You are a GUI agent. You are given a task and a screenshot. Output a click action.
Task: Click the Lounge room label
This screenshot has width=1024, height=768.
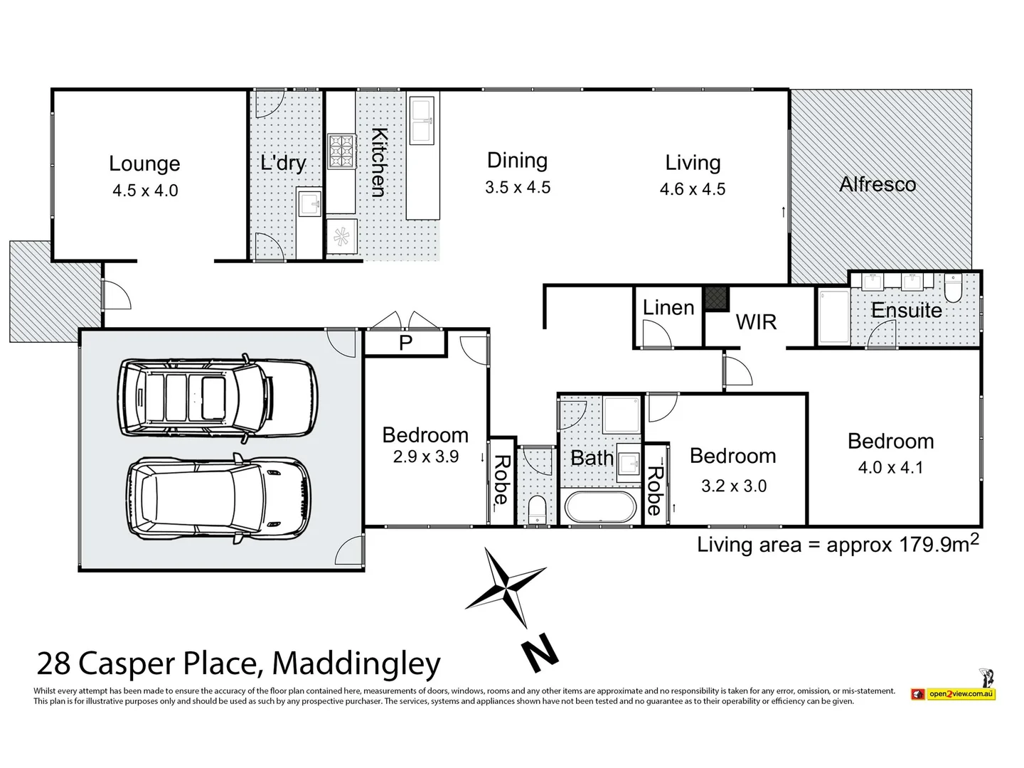(144, 164)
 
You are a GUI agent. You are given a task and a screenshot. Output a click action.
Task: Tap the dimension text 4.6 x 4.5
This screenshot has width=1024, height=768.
(693, 189)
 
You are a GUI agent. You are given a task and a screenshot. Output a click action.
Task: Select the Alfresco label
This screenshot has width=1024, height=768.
(878, 184)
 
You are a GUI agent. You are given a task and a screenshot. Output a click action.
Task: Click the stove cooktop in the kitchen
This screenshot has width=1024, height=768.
(341, 151)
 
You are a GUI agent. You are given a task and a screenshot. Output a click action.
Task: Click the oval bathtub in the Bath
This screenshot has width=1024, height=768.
(602, 508)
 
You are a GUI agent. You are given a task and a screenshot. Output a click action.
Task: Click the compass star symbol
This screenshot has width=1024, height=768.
(506, 587)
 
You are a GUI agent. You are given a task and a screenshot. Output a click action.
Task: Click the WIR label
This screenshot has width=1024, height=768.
(756, 322)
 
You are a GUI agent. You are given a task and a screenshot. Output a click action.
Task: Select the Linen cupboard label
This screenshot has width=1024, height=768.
(668, 308)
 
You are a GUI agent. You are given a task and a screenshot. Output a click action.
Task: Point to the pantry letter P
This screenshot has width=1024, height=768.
(405, 343)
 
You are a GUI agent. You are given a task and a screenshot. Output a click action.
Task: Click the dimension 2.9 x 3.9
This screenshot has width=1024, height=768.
(425, 457)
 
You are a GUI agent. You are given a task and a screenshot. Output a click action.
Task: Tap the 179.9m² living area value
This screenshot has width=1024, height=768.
(939, 544)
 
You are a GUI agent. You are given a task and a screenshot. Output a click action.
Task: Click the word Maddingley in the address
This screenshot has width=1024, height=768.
(356, 663)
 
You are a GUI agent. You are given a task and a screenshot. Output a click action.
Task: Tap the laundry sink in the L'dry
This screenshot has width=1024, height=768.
(310, 205)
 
